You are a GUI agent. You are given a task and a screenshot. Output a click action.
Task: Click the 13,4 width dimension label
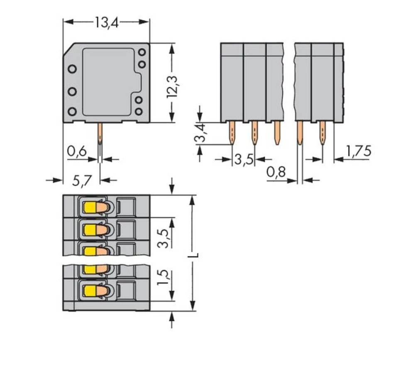(106, 22)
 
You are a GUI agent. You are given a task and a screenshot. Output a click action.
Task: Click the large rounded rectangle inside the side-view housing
(110, 81)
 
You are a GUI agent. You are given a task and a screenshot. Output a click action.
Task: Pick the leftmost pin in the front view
(232, 133)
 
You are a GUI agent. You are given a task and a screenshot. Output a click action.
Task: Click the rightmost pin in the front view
(322, 133)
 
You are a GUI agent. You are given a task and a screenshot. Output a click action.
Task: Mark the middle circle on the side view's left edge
(72, 91)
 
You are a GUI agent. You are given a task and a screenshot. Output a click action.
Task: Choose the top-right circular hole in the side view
(142, 52)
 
